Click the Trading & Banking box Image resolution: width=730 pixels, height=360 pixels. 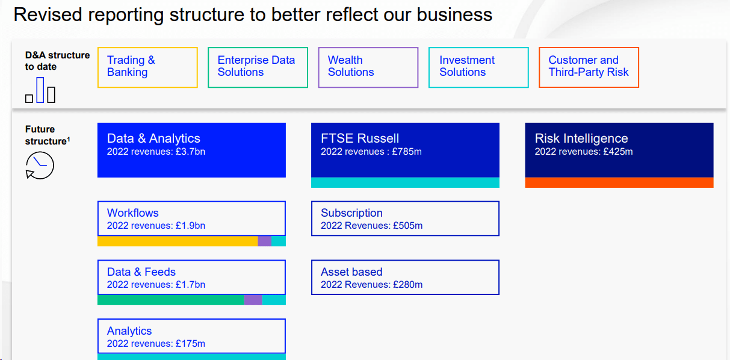click(x=147, y=67)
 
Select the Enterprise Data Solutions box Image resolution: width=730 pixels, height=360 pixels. click(x=258, y=67)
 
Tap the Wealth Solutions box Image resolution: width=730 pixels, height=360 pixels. click(x=368, y=67)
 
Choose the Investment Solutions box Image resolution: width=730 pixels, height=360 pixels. click(x=478, y=67)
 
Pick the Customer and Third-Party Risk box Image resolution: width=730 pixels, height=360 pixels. click(x=589, y=67)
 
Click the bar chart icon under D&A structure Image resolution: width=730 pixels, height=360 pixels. click(x=40, y=90)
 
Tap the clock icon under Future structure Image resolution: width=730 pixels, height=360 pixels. click(x=40, y=165)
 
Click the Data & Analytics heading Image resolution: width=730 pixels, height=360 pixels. click(x=153, y=138)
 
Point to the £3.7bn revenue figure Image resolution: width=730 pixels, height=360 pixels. click(x=190, y=152)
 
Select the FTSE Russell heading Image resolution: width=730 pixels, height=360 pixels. click(x=360, y=138)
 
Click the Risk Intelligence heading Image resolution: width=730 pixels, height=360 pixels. click(x=581, y=138)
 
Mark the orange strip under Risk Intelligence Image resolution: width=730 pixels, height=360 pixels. click(x=619, y=182)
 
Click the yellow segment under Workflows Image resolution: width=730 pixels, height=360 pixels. click(x=178, y=241)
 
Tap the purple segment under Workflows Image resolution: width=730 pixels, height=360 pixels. click(x=265, y=241)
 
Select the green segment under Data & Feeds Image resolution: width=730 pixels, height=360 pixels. click(x=170, y=300)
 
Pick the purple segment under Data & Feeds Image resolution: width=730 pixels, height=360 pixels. click(x=253, y=300)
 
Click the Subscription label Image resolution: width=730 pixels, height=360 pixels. click(x=351, y=213)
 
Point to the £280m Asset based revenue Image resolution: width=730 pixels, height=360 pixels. click(x=407, y=285)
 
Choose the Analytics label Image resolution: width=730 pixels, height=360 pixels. click(x=129, y=331)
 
